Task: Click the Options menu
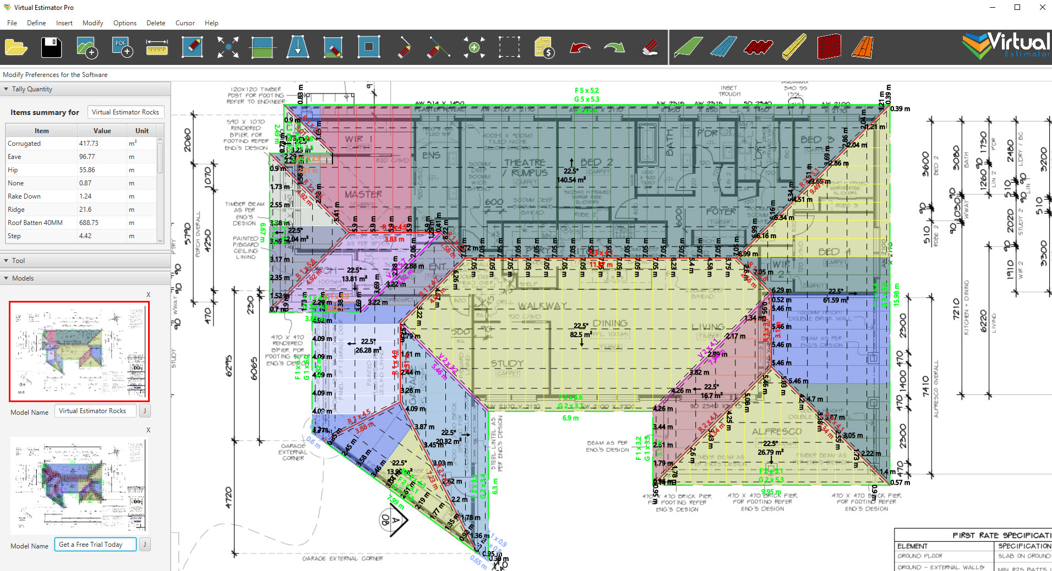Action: point(124,23)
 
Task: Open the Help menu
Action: point(211,23)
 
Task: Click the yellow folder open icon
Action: point(16,48)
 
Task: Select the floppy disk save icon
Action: point(51,48)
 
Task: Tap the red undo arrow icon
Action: point(580,48)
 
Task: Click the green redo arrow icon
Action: point(614,48)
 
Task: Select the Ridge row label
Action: point(17,210)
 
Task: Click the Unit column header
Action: point(141,131)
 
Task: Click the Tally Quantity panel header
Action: point(32,89)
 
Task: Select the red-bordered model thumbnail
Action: point(79,352)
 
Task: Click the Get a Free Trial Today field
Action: point(95,545)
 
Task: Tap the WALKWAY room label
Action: point(542,306)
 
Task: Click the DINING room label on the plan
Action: point(610,323)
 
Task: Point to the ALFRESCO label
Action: point(777,432)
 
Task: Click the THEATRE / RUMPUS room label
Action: point(525,168)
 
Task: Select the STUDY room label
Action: point(507,364)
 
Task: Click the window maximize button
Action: point(1017,7)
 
